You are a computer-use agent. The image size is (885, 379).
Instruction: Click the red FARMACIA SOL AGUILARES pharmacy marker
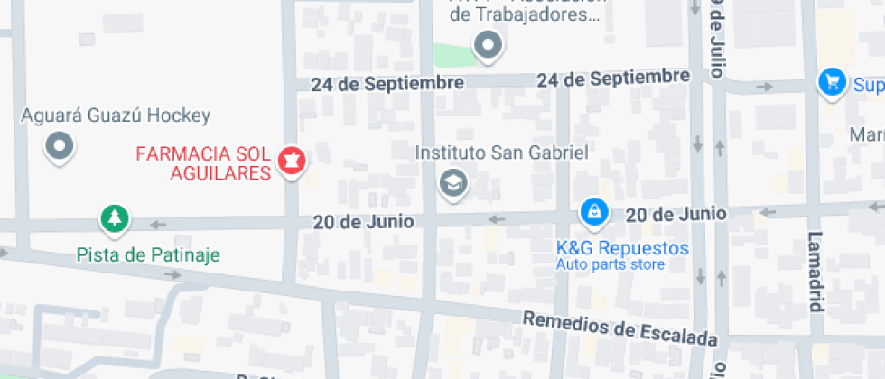click(293, 162)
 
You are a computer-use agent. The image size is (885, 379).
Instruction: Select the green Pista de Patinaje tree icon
click(114, 217)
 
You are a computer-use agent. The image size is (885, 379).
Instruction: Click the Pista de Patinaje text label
click(147, 254)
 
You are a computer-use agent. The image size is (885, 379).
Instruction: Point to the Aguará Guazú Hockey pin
click(61, 145)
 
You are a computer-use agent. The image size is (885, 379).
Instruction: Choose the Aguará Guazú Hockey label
click(116, 116)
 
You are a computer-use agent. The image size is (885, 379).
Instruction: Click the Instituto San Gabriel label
click(501, 153)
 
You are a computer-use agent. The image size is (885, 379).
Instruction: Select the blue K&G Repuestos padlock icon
click(593, 211)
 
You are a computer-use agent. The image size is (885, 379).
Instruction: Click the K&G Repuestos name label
click(622, 248)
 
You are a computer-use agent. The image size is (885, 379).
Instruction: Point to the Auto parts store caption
click(610, 264)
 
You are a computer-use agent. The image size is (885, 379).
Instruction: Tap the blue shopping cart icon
click(831, 82)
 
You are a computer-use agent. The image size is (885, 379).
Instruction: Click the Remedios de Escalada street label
click(620, 329)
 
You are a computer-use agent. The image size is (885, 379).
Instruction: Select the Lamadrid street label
click(815, 271)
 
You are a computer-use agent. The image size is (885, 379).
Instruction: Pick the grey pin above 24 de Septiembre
click(489, 44)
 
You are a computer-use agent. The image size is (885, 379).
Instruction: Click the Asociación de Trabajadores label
click(526, 14)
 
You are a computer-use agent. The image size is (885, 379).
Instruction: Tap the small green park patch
click(454, 54)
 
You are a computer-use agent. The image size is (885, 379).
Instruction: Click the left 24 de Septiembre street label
click(387, 84)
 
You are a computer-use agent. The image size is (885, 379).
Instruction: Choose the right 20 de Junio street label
click(675, 214)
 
